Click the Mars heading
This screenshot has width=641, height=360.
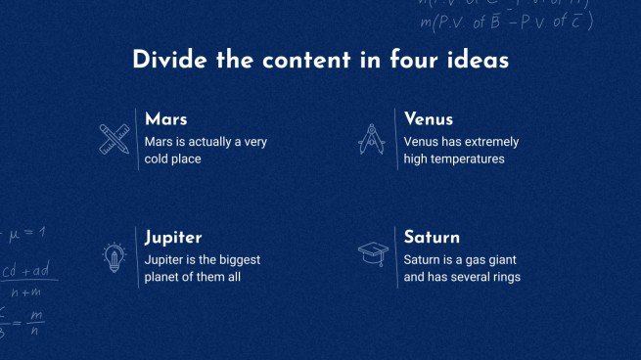pyautogui.click(x=165, y=119)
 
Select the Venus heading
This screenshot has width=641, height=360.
pyautogui.click(x=429, y=119)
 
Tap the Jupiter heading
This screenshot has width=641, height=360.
pyautogui.click(x=173, y=238)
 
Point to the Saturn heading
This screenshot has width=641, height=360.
pyautogui.click(x=432, y=238)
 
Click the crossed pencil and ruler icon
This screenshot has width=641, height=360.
pyautogui.click(x=115, y=138)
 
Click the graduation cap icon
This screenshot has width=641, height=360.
pyautogui.click(x=372, y=255)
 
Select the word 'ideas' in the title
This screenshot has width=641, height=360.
pyautogui.click(x=477, y=61)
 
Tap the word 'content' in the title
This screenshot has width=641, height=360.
pyautogui.click(x=292, y=61)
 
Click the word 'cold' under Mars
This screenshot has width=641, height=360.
pyautogui.click(x=158, y=158)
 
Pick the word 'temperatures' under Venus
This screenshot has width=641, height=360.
pyautogui.click(x=470, y=158)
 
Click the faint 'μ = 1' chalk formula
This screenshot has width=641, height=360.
pyautogui.click(x=26, y=233)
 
